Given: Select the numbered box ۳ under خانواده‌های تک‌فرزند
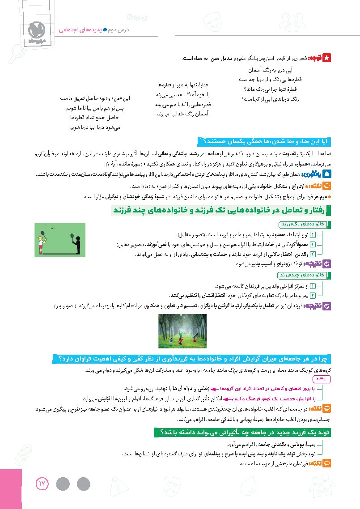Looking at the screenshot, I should (325, 254).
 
